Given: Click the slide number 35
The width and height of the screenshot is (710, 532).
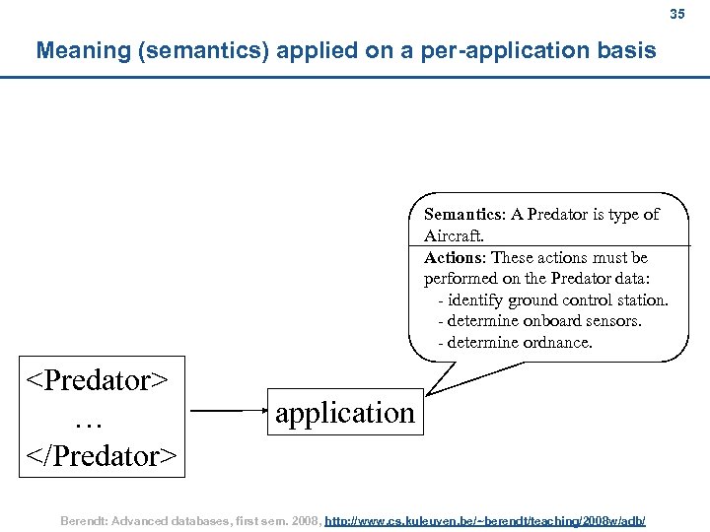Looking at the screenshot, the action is [x=676, y=15].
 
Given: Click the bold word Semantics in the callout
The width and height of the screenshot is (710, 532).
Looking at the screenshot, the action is [x=463, y=214].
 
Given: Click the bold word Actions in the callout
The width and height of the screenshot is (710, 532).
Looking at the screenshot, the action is [x=454, y=257].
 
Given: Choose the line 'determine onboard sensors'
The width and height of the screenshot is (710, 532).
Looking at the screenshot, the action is [x=544, y=321].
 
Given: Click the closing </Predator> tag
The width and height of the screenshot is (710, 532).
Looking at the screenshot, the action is [x=102, y=456].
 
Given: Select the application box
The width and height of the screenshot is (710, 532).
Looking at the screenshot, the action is [x=344, y=413].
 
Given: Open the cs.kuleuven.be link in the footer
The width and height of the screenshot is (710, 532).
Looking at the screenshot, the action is [x=485, y=519].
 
